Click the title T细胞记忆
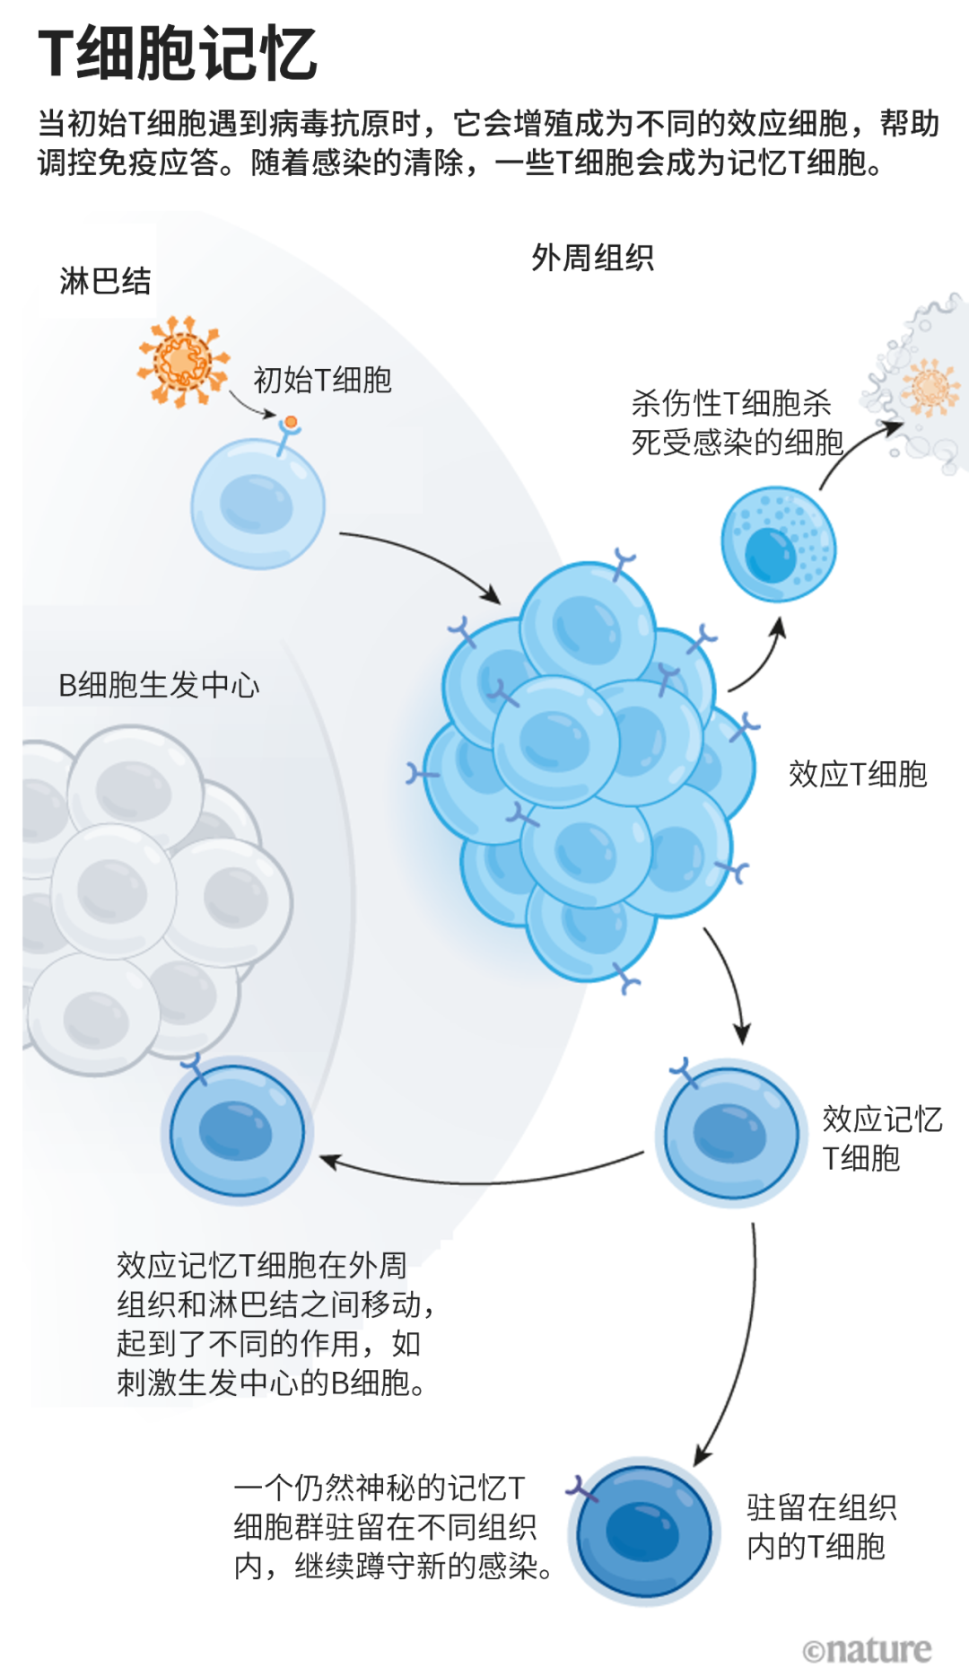178,54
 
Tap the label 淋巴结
105,281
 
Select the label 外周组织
592,259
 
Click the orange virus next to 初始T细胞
182,361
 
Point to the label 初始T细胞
322,380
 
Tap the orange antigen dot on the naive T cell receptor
291,422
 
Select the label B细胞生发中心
159,685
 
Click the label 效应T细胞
857,774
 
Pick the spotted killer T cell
778,543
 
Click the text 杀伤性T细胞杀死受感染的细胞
737,423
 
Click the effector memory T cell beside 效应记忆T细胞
730,1132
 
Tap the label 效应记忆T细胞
881,1138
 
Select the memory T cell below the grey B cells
237,1130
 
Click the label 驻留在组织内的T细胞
820,1527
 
